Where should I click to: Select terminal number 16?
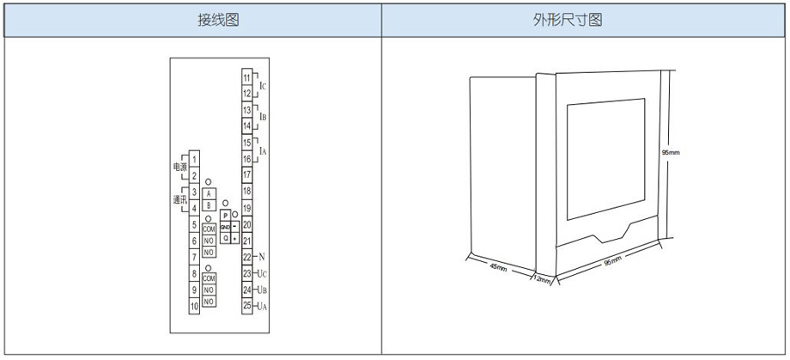point(246,159)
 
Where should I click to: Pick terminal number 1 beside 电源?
point(195,159)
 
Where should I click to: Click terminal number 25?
point(246,305)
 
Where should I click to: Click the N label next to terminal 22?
point(262,257)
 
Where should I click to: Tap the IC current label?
point(263,86)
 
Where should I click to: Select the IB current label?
point(263,117)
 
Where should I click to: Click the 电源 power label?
point(179,166)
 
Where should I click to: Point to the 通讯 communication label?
point(179,199)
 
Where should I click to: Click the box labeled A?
point(209,192)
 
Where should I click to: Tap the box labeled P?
point(225,216)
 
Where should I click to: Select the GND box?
point(225,227)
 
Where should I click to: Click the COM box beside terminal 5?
point(209,229)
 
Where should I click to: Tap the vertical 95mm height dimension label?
point(671,153)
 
